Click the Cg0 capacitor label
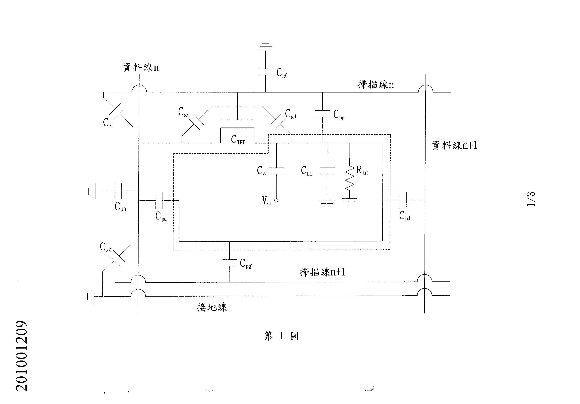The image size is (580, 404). click(x=282, y=73)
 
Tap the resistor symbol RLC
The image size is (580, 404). click(x=350, y=178)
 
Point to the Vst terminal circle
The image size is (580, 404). click(x=276, y=200)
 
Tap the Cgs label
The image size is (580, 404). click(x=184, y=112)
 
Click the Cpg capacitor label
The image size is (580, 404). click(x=339, y=115)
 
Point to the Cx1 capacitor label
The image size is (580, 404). click(x=108, y=123)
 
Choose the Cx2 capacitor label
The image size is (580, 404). click(x=105, y=247)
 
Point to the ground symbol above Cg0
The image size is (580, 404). click(x=266, y=46)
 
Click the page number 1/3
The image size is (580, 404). click(x=531, y=199)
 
